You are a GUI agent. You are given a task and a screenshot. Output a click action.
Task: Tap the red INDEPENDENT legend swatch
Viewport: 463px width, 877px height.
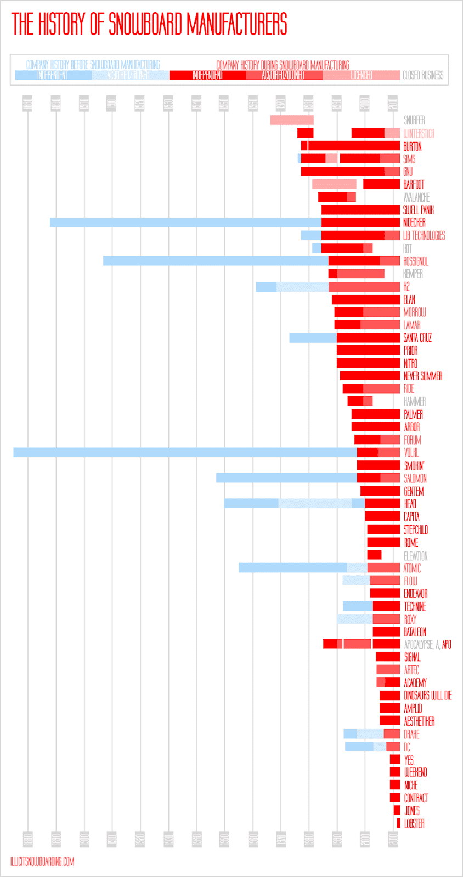pos(207,76)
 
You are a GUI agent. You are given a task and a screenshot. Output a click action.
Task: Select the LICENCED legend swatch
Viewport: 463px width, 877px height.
pos(361,76)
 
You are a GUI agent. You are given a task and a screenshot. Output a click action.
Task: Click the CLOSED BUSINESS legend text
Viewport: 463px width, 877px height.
pos(423,76)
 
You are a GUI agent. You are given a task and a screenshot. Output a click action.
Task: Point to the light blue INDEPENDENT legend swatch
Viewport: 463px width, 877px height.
pos(53,76)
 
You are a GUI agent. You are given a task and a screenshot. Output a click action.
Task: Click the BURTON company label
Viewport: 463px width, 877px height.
pos(413,146)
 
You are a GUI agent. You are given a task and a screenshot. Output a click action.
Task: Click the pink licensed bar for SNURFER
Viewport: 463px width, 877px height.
pos(291,120)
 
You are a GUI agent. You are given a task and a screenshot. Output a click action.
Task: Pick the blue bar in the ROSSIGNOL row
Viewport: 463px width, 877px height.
pos(216,261)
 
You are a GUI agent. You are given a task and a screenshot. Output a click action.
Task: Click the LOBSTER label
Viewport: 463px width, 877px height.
pos(414,823)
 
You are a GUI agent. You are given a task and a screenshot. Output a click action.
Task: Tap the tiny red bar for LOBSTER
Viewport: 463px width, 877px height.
pos(398,823)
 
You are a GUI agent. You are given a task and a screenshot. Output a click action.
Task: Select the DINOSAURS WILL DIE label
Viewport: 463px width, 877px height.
pos(428,696)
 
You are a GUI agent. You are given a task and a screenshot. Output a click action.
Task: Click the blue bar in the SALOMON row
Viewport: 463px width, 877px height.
pos(286,478)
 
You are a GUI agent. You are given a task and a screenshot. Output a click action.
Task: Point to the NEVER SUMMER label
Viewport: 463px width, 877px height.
pos(423,376)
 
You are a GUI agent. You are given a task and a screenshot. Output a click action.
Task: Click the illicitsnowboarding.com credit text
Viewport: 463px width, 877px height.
pos(42,862)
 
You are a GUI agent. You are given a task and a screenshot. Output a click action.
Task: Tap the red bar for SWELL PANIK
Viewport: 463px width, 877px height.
pos(360,209)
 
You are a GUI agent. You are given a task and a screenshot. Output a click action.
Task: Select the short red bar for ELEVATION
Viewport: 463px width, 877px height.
pos(374,555)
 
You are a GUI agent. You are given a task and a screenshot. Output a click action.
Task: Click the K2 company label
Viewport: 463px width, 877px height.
pos(406,287)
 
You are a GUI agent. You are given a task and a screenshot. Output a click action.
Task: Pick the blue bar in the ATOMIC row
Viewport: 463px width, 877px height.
pos(292,568)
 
